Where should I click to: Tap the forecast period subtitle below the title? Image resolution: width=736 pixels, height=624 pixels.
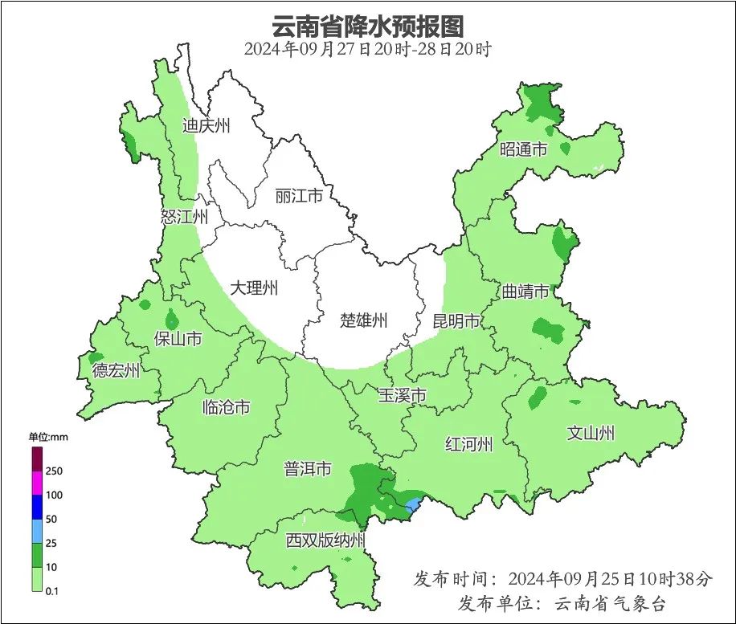368,48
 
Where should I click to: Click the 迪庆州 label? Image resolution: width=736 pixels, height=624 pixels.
206,125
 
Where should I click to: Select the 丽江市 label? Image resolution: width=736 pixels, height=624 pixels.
298,196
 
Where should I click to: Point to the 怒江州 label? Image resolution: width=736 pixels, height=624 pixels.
184,217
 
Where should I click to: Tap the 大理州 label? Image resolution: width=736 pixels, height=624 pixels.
254,288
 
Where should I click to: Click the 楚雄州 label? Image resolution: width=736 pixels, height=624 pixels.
363,321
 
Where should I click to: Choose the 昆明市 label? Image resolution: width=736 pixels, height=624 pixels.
456,321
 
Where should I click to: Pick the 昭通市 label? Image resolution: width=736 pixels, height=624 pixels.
523,149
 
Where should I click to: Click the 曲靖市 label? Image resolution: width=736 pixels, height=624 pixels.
526,291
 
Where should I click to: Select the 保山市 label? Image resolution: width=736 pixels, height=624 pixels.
178,339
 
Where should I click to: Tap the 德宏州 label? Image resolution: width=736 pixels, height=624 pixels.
116,370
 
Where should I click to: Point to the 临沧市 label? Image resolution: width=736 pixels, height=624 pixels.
226,407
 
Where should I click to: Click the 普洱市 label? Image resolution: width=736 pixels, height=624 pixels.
307,469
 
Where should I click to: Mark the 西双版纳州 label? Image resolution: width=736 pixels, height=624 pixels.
325,540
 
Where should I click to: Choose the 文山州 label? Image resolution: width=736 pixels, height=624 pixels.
591,434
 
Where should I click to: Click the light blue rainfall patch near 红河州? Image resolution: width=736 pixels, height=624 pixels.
414,504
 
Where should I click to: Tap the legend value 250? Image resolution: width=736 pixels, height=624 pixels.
54,471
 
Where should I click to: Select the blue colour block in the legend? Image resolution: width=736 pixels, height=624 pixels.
37,507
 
